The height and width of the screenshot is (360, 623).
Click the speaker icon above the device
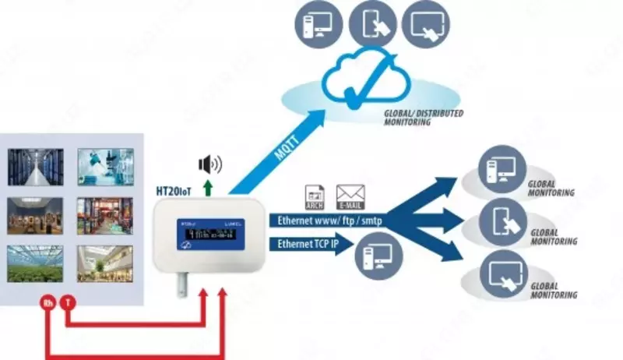[x=209, y=164]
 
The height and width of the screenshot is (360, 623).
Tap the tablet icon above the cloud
[x=371, y=21]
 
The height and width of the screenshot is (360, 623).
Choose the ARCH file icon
[x=314, y=196]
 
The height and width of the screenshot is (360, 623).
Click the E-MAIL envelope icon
[x=350, y=194]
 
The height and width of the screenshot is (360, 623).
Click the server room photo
[x=35, y=167]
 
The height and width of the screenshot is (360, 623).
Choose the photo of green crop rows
[x=35, y=263]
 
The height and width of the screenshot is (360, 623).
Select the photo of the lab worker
[x=105, y=167]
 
